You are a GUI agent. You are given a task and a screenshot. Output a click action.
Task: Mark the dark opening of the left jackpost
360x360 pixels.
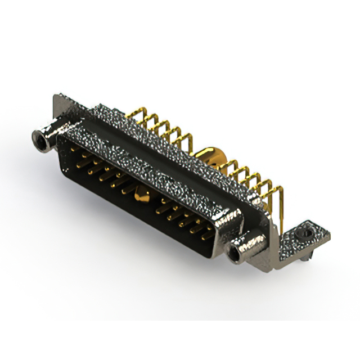click(x=39, y=136)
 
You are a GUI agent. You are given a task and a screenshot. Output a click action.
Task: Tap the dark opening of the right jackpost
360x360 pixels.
click(x=235, y=250)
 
